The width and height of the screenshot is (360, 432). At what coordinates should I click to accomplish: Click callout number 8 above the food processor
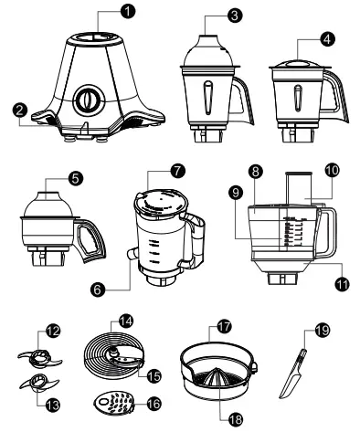(x=256, y=171)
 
